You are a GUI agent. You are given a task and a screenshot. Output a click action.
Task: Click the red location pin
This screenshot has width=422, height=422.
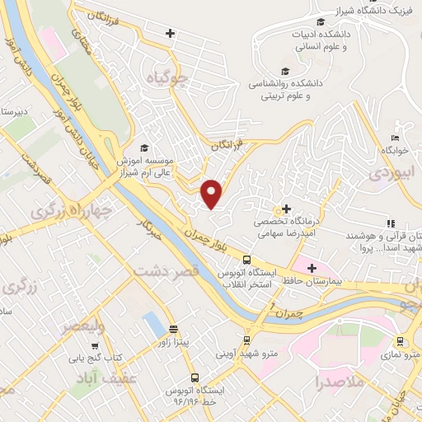[x=212, y=194]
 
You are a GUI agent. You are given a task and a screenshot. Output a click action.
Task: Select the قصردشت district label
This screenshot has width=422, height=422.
[x=166, y=271]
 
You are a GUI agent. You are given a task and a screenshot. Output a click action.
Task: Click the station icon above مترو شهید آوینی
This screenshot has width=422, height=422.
[x=246, y=340]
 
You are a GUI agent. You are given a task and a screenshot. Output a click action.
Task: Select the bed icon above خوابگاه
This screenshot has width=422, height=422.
[x=396, y=138]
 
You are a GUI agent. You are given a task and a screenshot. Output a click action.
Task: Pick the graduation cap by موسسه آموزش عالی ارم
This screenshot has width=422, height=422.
[x=144, y=148]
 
